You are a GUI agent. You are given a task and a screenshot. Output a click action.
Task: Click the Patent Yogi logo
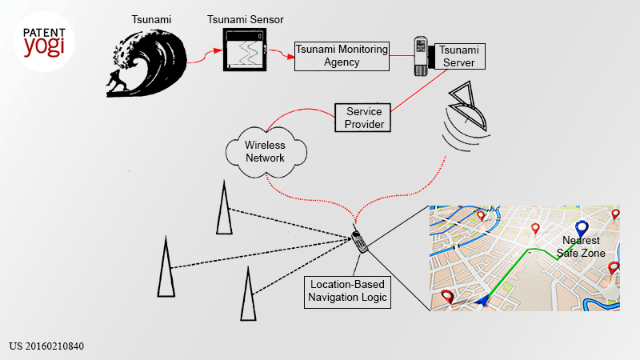[x=44, y=42]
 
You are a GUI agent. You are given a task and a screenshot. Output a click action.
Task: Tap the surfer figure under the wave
[x=117, y=81]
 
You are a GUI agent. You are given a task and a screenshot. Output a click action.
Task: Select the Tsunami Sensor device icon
[x=245, y=50]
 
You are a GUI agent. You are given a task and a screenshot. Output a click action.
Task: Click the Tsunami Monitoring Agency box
[x=342, y=56]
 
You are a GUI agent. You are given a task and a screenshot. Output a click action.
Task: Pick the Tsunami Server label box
[x=459, y=56]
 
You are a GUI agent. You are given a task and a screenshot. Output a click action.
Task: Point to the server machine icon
[x=421, y=56]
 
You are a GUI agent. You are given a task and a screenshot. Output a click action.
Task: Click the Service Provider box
[x=363, y=118]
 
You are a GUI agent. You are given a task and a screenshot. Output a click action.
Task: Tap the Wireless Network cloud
[x=266, y=152]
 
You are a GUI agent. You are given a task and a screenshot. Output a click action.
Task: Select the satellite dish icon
[x=466, y=116]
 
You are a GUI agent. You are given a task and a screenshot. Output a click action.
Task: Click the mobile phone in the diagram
[x=359, y=241]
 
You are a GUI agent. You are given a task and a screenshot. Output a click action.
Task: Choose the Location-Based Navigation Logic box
[x=347, y=292]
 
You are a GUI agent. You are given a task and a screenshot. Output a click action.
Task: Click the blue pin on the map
[x=582, y=230]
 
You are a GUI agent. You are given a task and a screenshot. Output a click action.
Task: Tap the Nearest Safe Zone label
[x=581, y=246]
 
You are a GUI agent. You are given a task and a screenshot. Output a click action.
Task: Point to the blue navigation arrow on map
[x=483, y=301]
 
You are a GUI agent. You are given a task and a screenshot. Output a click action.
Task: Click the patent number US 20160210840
[x=46, y=346]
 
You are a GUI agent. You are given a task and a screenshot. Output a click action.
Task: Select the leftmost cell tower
[x=166, y=266]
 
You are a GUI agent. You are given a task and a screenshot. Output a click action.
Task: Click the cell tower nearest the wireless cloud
[x=224, y=207]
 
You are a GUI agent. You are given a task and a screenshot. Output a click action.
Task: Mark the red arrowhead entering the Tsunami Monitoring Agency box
[x=290, y=57]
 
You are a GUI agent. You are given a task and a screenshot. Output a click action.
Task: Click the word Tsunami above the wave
[x=151, y=19]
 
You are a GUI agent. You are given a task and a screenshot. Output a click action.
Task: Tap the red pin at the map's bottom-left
[x=448, y=297]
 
